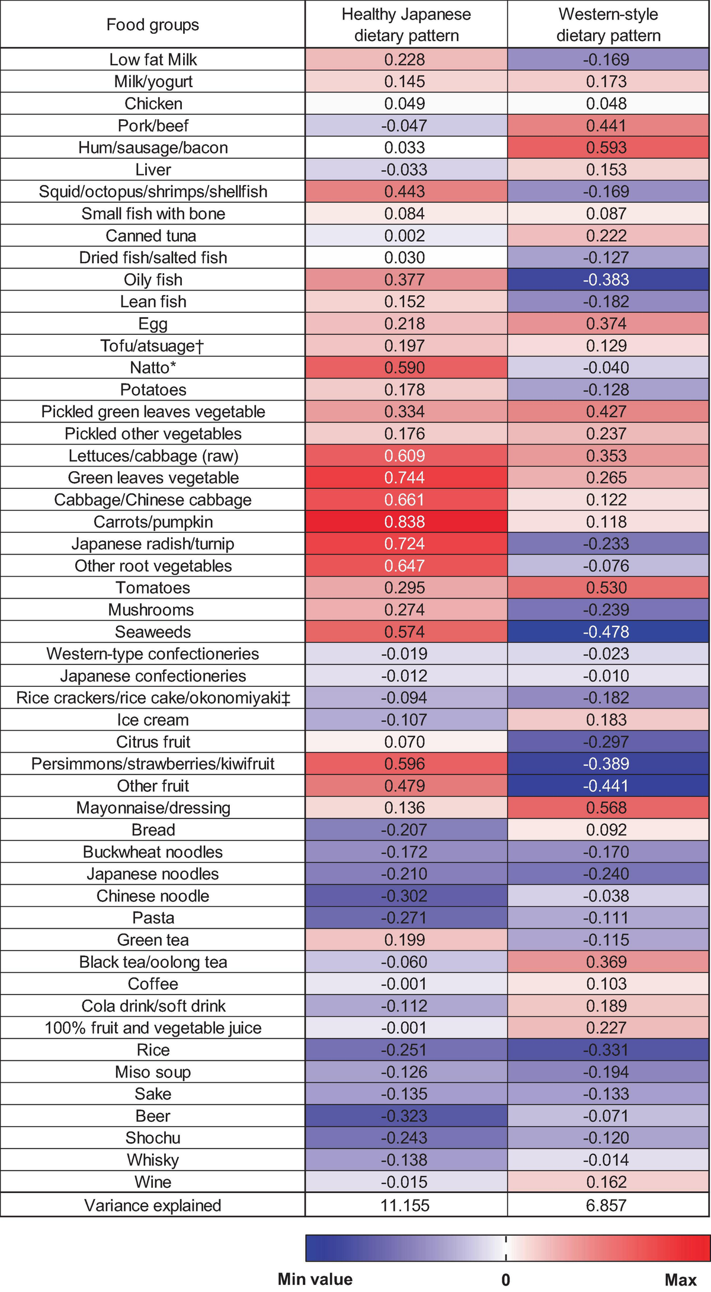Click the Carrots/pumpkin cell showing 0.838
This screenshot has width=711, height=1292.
pyautogui.click(x=405, y=522)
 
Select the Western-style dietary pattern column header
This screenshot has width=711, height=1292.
pyautogui.click(x=608, y=25)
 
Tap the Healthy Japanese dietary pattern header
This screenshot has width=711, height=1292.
pyautogui.click(x=406, y=25)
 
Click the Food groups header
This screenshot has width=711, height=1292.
pyautogui.click(x=153, y=25)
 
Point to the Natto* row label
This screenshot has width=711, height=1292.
pyautogui.click(x=153, y=367)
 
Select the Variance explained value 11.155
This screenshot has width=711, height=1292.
pyautogui.click(x=405, y=1205)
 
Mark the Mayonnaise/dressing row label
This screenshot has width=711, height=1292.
pyautogui.click(x=153, y=808)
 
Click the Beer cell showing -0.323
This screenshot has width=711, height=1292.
pyautogui.click(x=405, y=1116)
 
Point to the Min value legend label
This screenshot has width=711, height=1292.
pyautogui.click(x=315, y=1279)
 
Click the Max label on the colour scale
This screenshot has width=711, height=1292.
pyautogui.click(x=680, y=1279)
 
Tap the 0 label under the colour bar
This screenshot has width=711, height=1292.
pyautogui.click(x=505, y=1280)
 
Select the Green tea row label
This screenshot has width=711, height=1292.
pyautogui.click(x=153, y=940)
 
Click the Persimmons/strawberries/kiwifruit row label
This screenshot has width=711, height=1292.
pyautogui.click(x=153, y=764)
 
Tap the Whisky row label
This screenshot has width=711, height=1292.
pyautogui.click(x=153, y=1160)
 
